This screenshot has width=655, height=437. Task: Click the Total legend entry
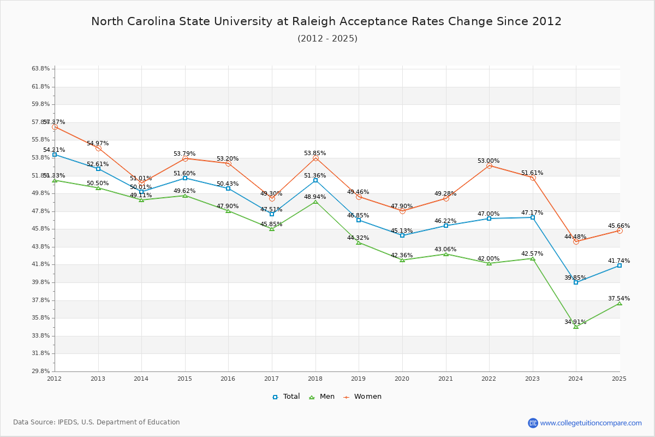pyautogui.click(x=286, y=397)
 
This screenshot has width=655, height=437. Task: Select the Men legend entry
pyautogui.click(x=323, y=397)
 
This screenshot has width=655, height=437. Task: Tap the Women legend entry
pyautogui.click(x=362, y=397)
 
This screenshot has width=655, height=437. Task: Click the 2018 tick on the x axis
pyautogui.click(x=315, y=379)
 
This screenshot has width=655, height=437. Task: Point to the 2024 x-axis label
pyautogui.click(x=576, y=379)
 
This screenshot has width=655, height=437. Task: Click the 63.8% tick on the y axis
pyautogui.click(x=41, y=69)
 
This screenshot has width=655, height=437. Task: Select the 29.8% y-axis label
pyautogui.click(x=41, y=371)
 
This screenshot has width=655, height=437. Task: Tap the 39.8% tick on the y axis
pyautogui.click(x=41, y=282)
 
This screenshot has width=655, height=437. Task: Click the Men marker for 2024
pyautogui.click(x=576, y=326)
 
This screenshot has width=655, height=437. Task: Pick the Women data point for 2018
pyautogui.click(x=315, y=158)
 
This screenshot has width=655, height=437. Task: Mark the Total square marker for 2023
pyautogui.click(x=533, y=217)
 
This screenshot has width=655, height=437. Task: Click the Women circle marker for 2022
pyautogui.click(x=489, y=166)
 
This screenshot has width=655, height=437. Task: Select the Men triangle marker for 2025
pyautogui.click(x=620, y=303)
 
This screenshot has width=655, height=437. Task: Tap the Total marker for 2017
pyautogui.click(x=272, y=214)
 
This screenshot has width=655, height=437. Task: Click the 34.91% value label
pyautogui.click(x=575, y=322)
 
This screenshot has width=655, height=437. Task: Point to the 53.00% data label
pyautogui.click(x=489, y=161)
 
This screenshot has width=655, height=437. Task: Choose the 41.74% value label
pyautogui.click(x=619, y=261)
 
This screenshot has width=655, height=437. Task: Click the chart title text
pyautogui.click(x=326, y=21)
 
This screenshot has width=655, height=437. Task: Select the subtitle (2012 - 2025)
pyautogui.click(x=327, y=39)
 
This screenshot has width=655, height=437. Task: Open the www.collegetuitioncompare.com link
pyautogui.click(x=591, y=423)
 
